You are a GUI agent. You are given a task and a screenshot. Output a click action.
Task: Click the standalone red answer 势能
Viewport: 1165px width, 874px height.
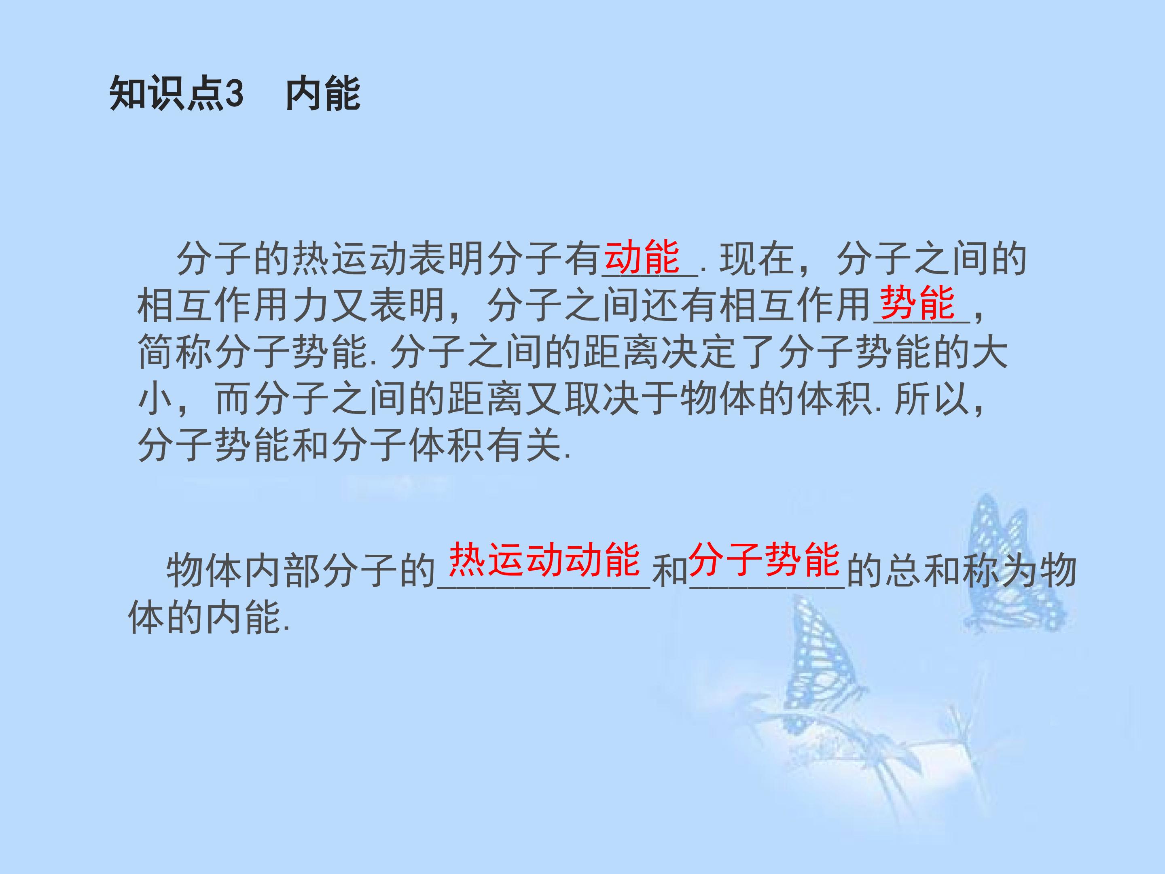point(917,303)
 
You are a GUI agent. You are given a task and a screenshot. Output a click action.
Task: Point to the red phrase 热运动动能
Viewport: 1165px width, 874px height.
point(544,560)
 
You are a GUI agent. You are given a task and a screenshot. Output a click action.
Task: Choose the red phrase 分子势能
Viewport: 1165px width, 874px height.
point(765,560)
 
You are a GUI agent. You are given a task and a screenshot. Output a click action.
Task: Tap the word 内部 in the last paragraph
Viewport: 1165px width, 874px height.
point(283,572)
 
